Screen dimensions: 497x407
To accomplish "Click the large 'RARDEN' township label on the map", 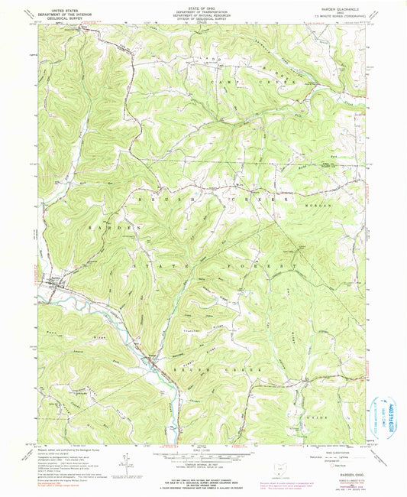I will [105, 228].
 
